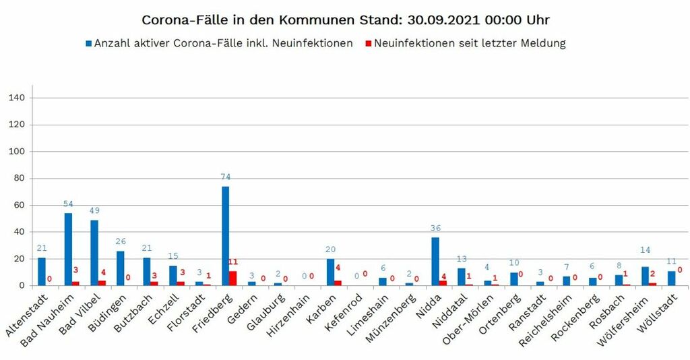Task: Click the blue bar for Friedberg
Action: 226,236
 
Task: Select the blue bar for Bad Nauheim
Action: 68,249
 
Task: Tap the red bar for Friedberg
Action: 233,278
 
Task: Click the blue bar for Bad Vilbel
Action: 94,253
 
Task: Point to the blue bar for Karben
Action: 330,272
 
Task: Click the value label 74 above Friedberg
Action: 226,177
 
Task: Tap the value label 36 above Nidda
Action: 435,229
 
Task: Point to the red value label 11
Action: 234,262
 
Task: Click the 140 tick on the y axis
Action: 18,98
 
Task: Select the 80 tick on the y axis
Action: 20,179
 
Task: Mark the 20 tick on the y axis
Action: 20,259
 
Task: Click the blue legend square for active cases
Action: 88,44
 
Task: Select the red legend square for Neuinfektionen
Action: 367,44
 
